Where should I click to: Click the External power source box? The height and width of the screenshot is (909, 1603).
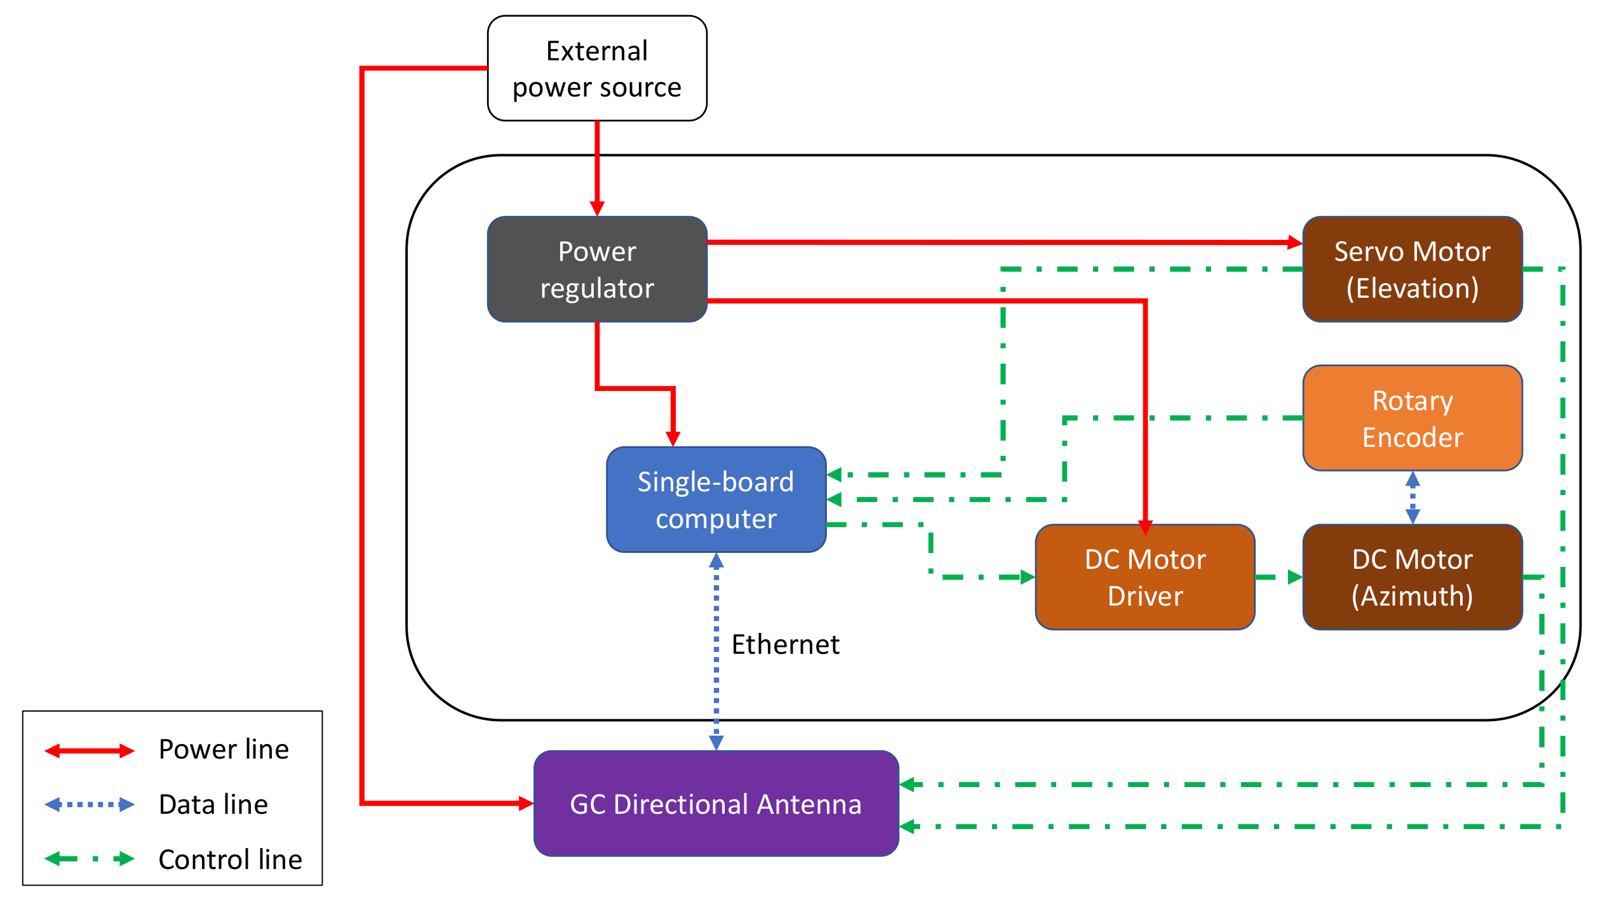point(596,69)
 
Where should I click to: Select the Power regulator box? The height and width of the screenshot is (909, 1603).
point(596,269)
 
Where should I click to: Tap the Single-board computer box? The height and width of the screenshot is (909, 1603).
point(716,500)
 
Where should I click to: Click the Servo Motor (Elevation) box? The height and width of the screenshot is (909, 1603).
point(1412,269)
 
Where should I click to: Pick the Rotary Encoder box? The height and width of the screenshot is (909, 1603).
point(1412,418)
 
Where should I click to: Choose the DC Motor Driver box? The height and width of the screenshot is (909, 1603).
point(1144,577)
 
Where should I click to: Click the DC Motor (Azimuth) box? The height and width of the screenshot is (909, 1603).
point(1412,577)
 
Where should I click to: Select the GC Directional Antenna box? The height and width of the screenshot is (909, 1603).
point(716,804)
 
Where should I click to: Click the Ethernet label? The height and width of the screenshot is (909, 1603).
point(785,644)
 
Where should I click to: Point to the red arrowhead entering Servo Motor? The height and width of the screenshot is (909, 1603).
point(1295,242)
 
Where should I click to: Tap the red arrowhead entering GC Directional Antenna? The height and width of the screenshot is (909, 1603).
point(526,804)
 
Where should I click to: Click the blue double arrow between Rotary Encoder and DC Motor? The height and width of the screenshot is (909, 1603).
point(1412,497)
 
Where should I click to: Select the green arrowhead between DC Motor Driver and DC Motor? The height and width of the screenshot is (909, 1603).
point(1294,577)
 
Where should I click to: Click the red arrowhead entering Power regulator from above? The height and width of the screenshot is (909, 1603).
point(597,209)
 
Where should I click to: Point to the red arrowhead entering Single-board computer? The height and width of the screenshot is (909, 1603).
point(673,439)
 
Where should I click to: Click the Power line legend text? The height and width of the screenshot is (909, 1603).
point(224,750)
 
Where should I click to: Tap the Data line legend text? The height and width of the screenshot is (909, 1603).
point(213,805)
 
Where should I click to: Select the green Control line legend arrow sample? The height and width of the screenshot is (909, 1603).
point(90,859)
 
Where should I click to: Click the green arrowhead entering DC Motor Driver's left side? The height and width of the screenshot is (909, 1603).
point(1027,577)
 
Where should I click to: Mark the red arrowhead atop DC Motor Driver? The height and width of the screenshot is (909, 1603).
point(1145,527)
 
